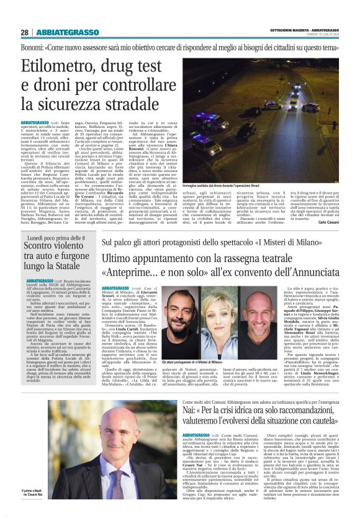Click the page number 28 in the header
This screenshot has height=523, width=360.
click(24, 32)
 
